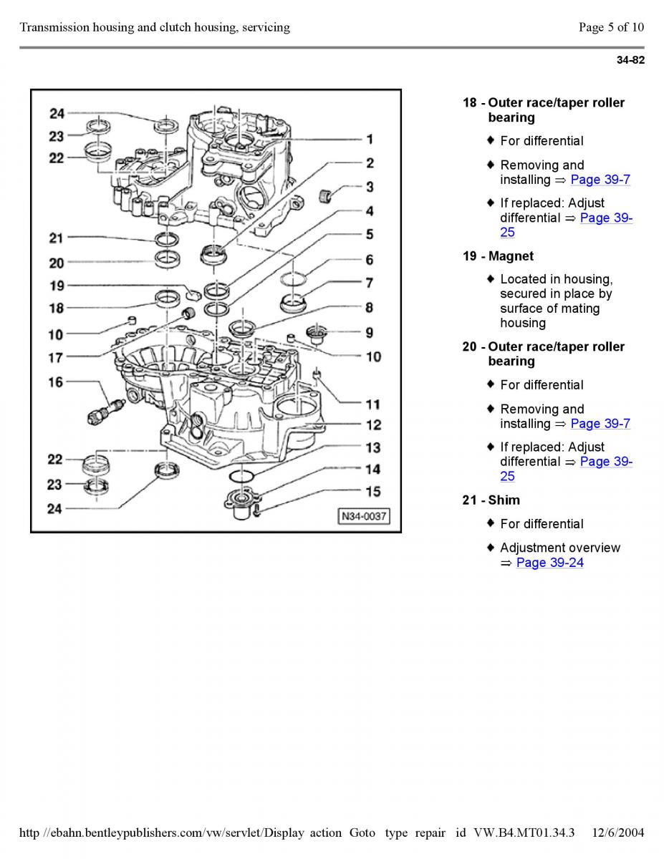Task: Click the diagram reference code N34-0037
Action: (364, 516)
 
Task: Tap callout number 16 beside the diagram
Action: (56, 382)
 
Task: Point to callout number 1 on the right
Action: (370, 139)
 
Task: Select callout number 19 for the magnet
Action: (57, 286)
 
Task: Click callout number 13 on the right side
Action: (373, 447)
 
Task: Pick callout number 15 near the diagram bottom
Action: (373, 491)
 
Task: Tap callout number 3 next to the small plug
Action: (370, 187)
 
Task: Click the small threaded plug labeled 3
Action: (324, 195)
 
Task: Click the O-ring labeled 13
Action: (241, 476)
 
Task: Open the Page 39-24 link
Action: (549, 562)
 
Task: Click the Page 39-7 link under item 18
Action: (600, 180)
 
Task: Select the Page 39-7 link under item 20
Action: (600, 423)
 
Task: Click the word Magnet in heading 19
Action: (511, 256)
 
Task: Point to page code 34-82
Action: (630, 60)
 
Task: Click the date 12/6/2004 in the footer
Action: (617, 833)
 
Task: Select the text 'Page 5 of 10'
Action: (612, 27)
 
